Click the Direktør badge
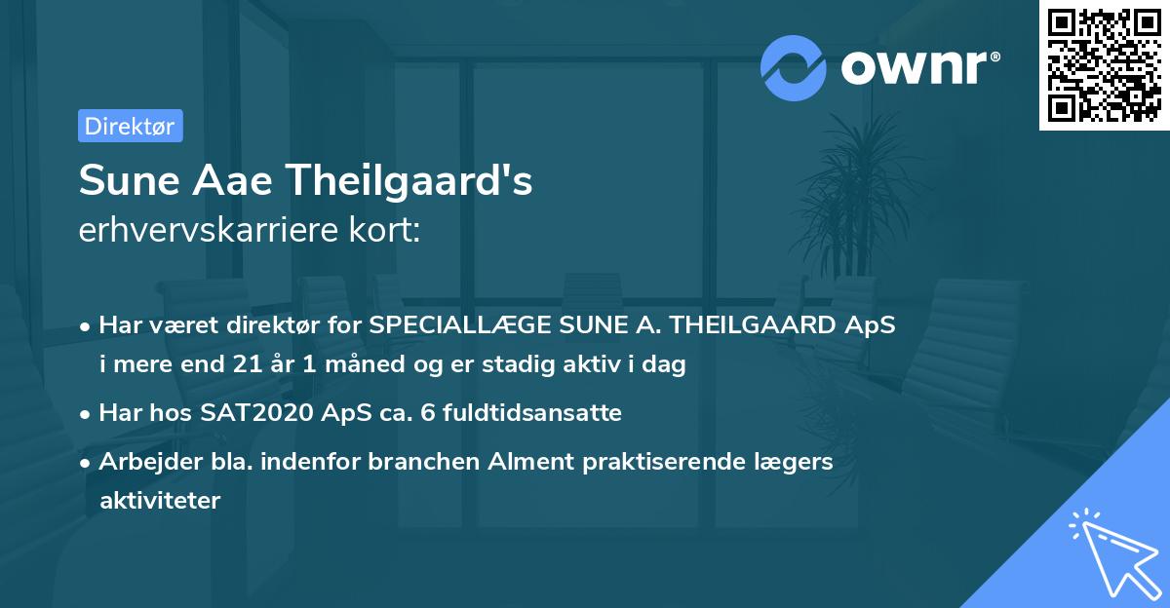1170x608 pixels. (130, 126)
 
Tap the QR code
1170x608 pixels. (1104, 65)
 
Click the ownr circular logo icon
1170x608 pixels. (794, 68)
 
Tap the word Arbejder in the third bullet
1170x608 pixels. (142, 461)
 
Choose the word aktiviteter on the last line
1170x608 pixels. (160, 501)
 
